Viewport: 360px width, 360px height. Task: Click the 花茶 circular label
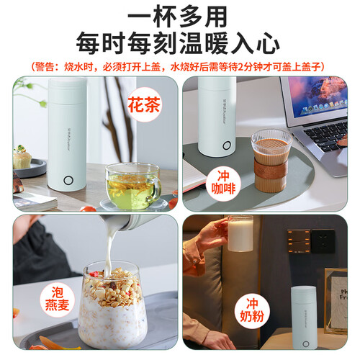(144, 104)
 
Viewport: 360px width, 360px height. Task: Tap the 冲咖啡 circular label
(223, 183)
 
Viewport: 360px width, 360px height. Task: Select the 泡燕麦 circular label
(58, 299)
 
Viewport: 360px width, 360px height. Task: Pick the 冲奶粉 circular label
(252, 310)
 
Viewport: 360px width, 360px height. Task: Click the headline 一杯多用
(177, 17)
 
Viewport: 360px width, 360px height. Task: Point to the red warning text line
(178, 66)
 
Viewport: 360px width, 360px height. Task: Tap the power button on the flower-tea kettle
(68, 181)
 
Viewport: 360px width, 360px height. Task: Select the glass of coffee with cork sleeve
(271, 161)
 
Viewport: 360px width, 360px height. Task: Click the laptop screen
(318, 97)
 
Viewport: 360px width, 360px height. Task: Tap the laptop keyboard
(326, 135)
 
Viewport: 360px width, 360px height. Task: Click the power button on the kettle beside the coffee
(227, 145)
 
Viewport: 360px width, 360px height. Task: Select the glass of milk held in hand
(240, 233)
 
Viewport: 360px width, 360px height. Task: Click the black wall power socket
(323, 241)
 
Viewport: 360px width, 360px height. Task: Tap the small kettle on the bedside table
(304, 318)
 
